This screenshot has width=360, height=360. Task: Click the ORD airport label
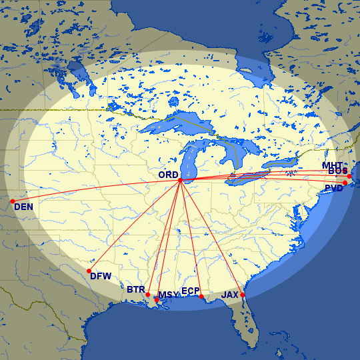tap(168, 175)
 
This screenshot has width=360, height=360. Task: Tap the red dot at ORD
tap(180, 180)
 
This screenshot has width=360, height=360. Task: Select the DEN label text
tap(23, 207)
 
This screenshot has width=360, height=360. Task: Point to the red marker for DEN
tap(12, 201)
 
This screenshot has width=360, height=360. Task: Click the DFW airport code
tap(101, 276)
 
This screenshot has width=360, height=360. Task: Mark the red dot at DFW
tap(89, 270)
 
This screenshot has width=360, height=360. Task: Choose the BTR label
tap(136, 290)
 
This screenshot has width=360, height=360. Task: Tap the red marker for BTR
tap(148, 295)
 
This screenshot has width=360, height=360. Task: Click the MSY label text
tap(168, 295)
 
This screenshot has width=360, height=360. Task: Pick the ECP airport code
tap(190, 291)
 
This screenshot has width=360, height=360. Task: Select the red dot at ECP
tap(201, 296)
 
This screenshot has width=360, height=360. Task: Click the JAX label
tap(230, 294)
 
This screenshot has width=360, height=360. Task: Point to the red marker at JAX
tap(243, 295)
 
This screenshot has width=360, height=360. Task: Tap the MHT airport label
tap(332, 165)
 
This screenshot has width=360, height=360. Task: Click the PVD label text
tap(333, 189)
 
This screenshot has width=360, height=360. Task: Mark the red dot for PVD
tap(345, 183)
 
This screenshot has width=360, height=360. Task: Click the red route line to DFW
tap(133, 226)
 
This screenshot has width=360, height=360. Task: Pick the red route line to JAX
tap(212, 239)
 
